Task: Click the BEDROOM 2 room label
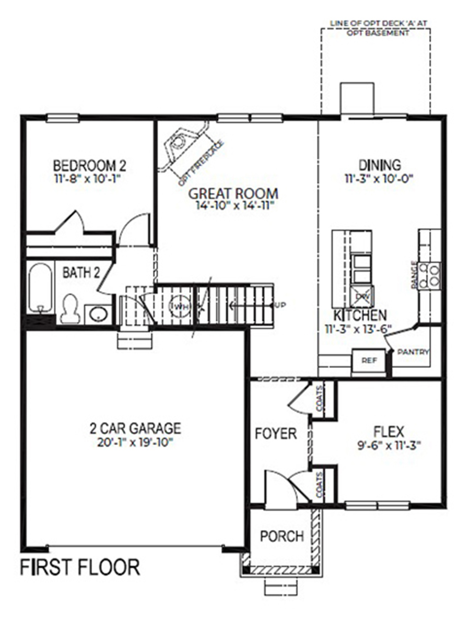click(x=89, y=166)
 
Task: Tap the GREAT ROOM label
click(x=233, y=194)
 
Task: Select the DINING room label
click(x=380, y=165)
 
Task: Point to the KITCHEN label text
click(x=360, y=316)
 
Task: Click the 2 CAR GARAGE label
click(x=135, y=429)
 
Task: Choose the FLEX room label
click(x=389, y=432)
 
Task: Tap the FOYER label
click(x=276, y=433)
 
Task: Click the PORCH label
click(x=282, y=536)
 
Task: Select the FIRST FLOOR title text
click(x=80, y=567)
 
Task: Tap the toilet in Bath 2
click(x=69, y=309)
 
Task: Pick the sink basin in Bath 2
click(x=98, y=313)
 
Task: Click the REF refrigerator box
click(x=369, y=360)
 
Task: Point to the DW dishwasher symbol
click(x=362, y=296)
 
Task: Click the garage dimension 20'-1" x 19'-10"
click(x=135, y=443)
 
